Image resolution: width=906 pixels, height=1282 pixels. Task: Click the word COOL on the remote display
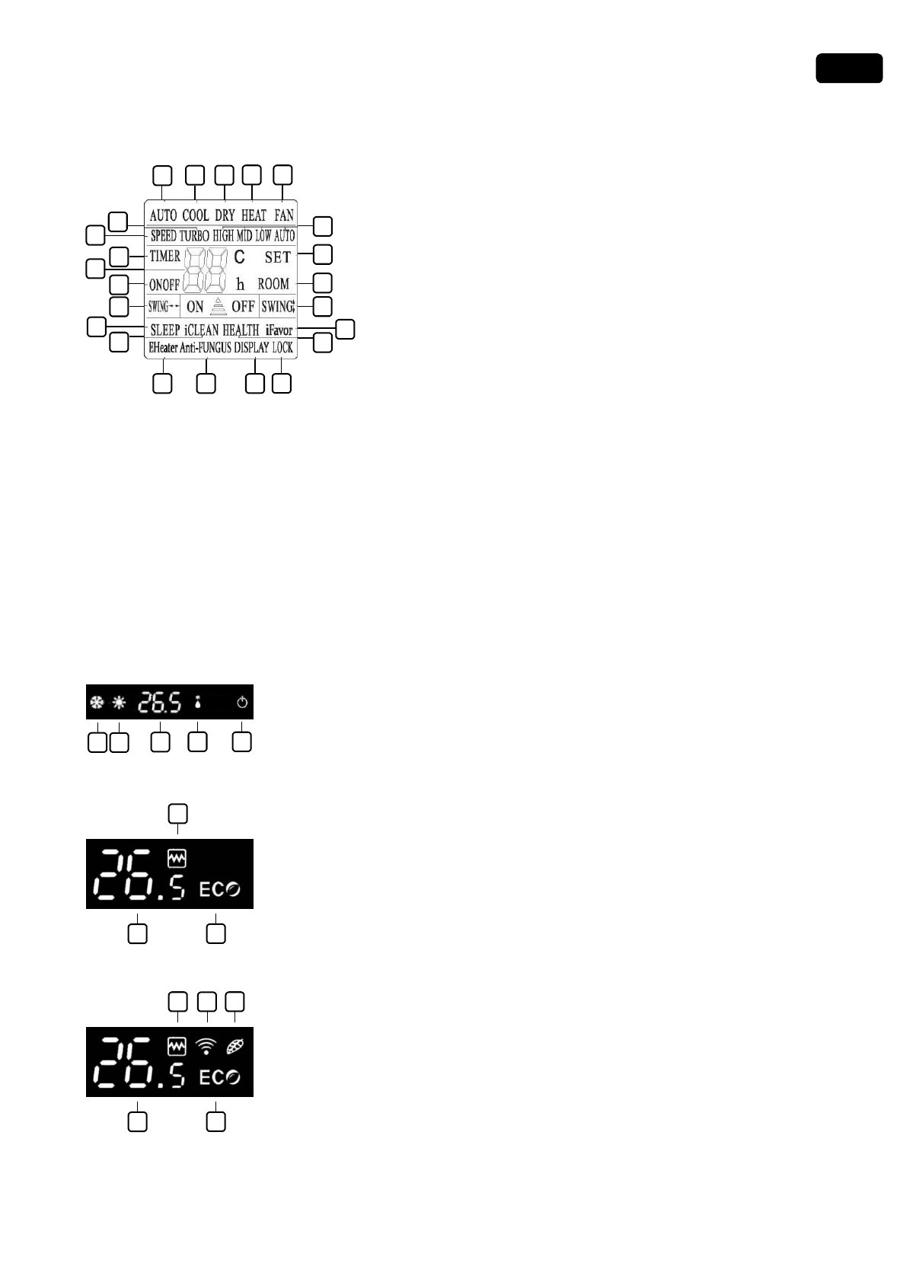coord(195,215)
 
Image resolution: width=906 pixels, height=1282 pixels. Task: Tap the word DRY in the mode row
coord(225,215)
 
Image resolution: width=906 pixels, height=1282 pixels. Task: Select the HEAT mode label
coord(254,215)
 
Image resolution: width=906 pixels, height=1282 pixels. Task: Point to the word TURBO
coord(194,236)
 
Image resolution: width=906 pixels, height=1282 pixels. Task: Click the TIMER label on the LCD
coord(164,257)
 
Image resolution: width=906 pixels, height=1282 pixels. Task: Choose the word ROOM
coord(273,284)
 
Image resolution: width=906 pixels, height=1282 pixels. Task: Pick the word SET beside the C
coord(278,257)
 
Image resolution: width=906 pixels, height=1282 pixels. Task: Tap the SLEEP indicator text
coord(165,330)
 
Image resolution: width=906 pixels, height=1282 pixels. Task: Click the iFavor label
coord(279,330)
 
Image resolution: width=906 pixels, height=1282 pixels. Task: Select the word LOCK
coord(282,348)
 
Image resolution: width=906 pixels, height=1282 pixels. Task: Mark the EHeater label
coord(163,348)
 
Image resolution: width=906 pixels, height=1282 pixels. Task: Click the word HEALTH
coord(241,330)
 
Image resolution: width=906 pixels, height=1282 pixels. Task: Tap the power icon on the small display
coord(242,703)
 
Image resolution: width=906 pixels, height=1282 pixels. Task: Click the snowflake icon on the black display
coord(97,703)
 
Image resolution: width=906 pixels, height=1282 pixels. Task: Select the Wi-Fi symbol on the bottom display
coord(206,1047)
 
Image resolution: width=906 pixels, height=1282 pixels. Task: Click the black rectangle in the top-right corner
coord(849,68)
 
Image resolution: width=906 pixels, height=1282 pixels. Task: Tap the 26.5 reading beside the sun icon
coord(160,703)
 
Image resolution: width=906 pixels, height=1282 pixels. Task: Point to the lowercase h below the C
coord(241,285)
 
